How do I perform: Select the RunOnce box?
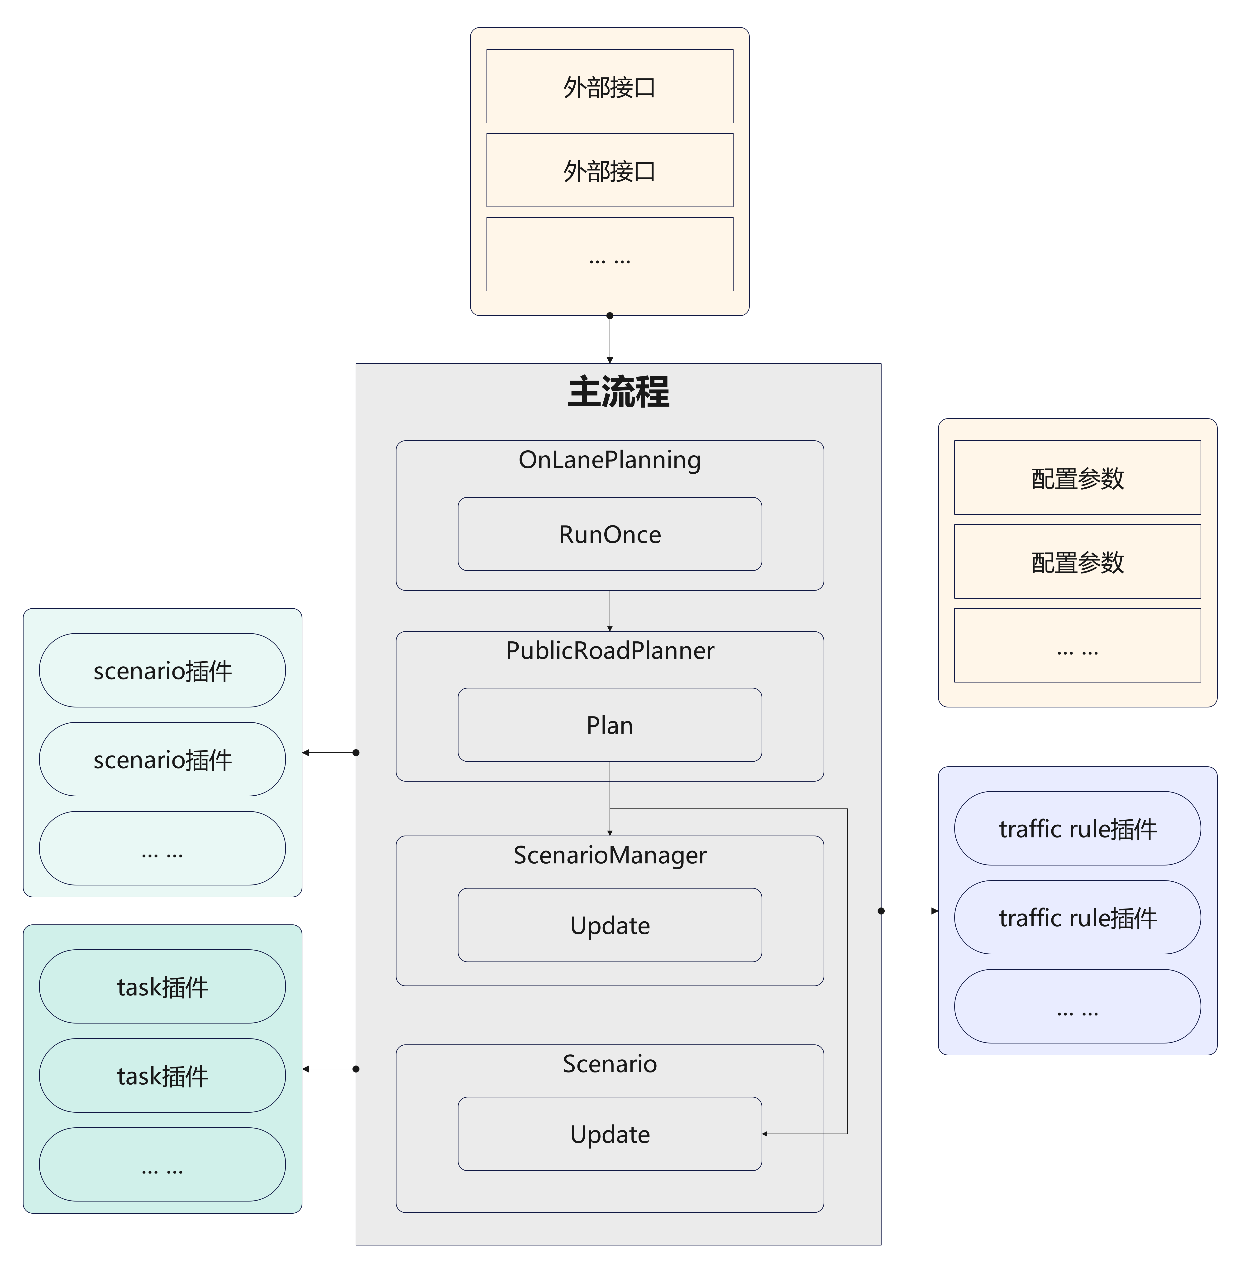click(x=609, y=534)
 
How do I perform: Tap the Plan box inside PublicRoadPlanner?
click(x=609, y=725)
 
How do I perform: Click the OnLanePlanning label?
click(x=609, y=460)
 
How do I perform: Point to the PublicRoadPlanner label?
click(x=609, y=650)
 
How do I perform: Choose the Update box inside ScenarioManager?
click(x=609, y=925)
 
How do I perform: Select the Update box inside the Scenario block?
click(x=609, y=1134)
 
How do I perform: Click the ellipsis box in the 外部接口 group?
click(x=609, y=254)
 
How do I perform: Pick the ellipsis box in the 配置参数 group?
click(x=1078, y=645)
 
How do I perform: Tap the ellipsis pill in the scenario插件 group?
click(x=162, y=848)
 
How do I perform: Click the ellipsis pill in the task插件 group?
click(x=162, y=1164)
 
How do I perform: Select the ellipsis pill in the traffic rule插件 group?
click(x=1078, y=1006)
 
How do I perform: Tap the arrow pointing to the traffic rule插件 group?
click(x=910, y=911)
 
